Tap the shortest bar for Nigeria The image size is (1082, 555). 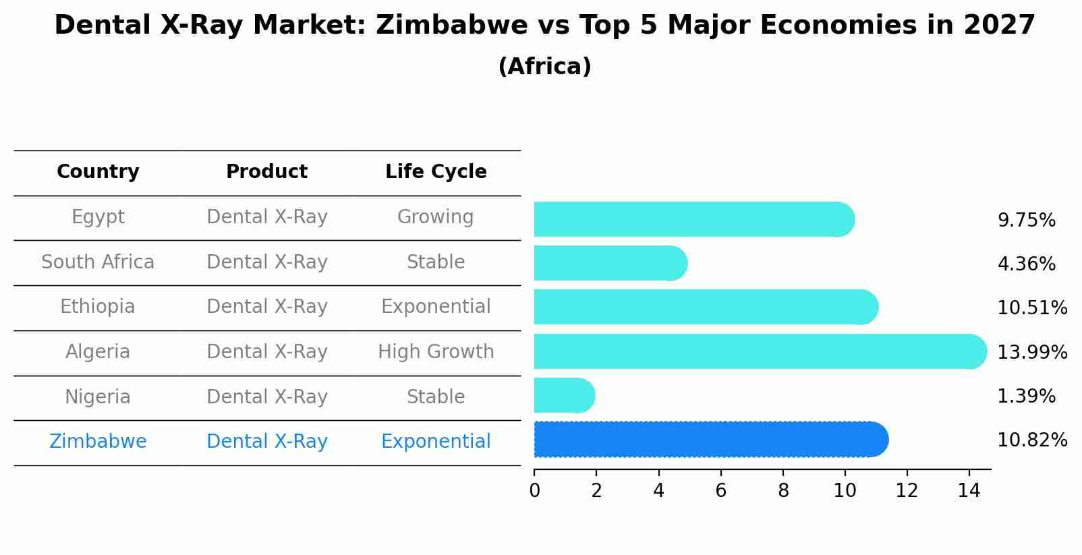click(563, 395)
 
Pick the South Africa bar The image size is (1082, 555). click(609, 263)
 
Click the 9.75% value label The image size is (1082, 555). click(1026, 221)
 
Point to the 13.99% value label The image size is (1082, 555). click(1031, 352)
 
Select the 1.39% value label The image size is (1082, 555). click(1026, 397)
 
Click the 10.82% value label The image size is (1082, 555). click(1031, 440)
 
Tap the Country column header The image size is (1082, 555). click(98, 172)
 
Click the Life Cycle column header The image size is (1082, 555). click(436, 172)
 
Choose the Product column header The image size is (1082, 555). click(266, 172)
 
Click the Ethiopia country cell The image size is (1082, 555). click(98, 307)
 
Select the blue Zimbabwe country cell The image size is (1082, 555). click(98, 442)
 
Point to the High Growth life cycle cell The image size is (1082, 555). click(436, 352)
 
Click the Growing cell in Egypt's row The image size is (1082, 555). click(436, 217)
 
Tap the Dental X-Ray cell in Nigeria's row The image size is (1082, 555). click(266, 397)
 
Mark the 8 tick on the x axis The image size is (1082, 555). click(783, 490)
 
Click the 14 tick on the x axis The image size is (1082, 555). click(969, 490)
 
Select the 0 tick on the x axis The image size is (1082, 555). click(534, 490)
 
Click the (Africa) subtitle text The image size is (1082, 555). click(544, 67)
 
